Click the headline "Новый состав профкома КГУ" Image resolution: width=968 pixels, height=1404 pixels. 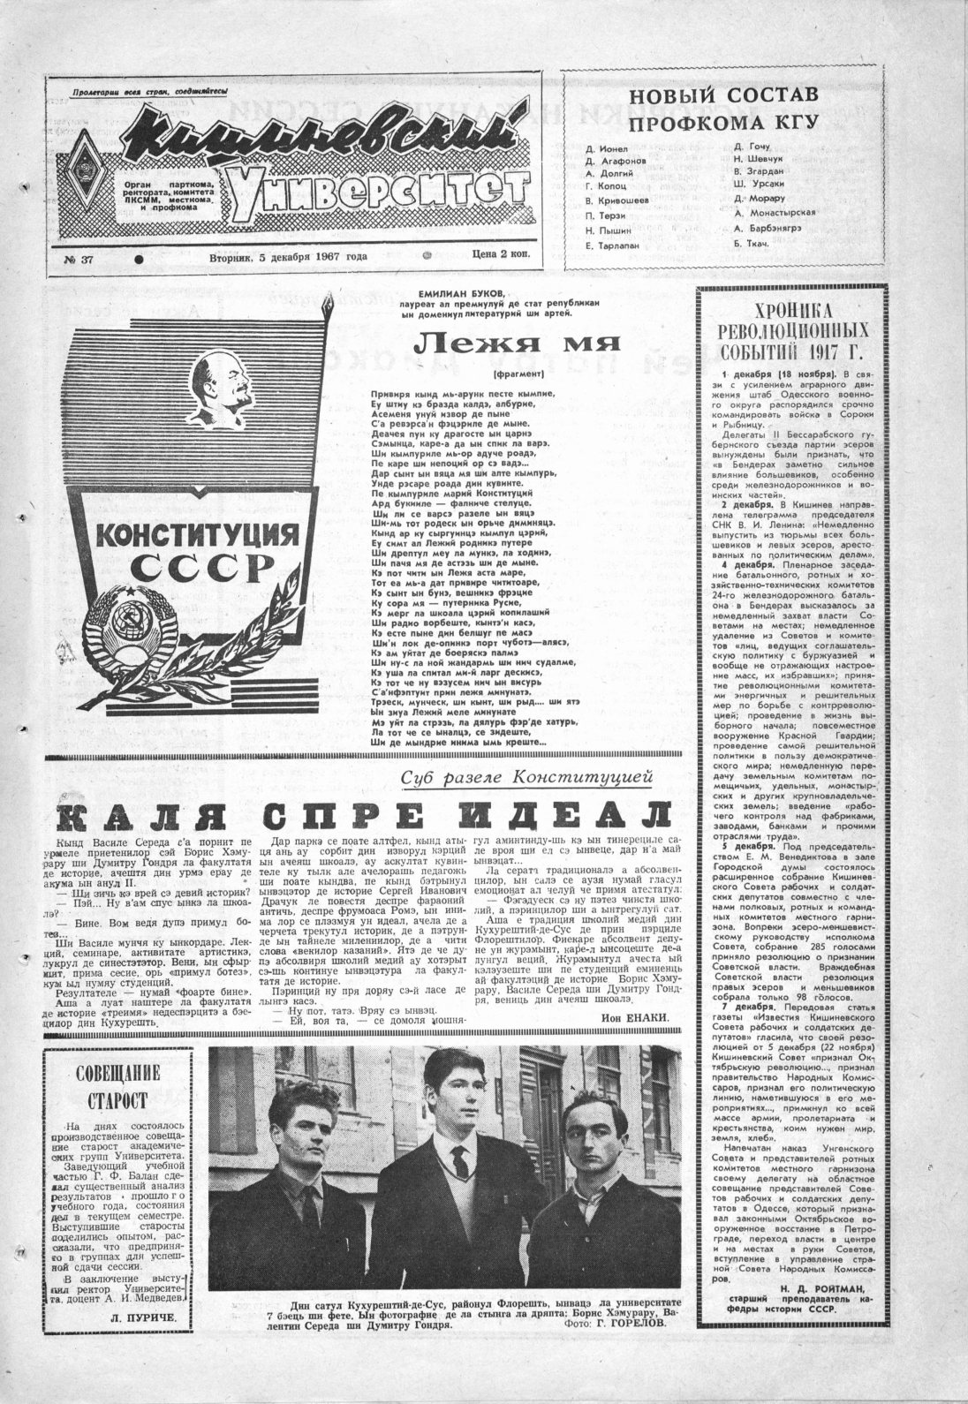[722, 108]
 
